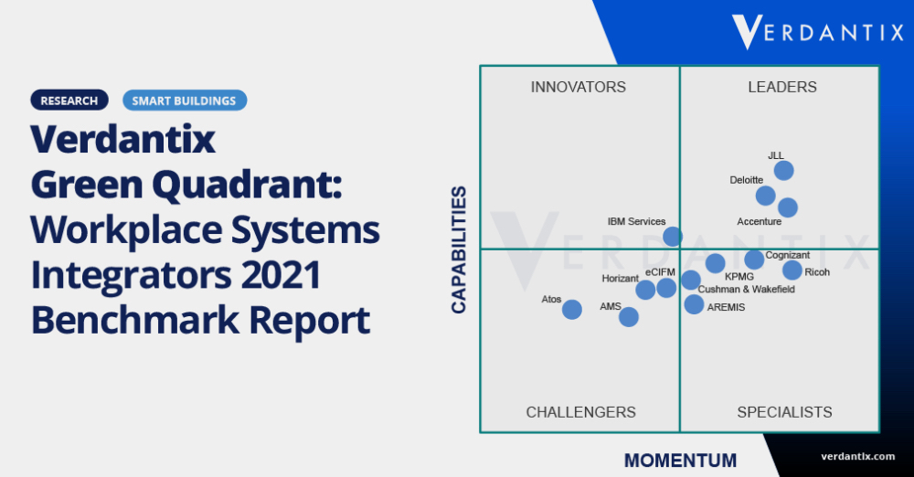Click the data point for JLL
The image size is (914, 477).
[783, 171]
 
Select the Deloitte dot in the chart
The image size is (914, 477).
[766, 196]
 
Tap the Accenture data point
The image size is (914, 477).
[787, 207]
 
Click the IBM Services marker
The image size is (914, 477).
[672, 237]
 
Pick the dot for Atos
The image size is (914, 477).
[572, 310]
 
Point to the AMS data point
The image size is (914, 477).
[629, 317]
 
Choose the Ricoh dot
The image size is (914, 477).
[792, 270]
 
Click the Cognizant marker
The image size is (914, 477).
[754, 260]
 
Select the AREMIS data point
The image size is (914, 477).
[695, 304]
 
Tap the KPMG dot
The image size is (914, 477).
[715, 264]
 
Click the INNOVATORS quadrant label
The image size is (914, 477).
[579, 88]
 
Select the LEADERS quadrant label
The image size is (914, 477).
[782, 88]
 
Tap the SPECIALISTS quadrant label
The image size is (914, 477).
[784, 413]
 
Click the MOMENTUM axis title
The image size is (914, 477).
[680, 460]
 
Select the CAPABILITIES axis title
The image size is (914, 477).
[460, 249]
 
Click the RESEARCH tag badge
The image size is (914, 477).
[69, 101]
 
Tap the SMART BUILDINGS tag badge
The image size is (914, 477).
[184, 101]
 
